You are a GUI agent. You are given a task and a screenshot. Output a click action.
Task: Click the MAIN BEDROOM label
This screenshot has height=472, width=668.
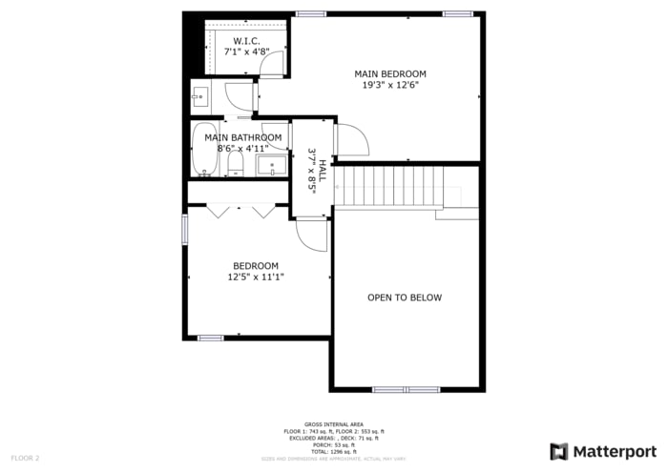coord(390,73)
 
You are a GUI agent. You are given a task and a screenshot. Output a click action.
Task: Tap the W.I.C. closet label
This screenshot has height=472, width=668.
coord(245,41)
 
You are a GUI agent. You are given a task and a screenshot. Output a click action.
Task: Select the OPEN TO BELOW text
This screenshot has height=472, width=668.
coord(405,298)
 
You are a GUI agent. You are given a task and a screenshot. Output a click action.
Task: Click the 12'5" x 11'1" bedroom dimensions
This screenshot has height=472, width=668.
coord(256,277)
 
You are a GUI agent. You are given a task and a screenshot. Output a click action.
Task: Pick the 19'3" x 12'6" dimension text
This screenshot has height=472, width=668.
coord(390,85)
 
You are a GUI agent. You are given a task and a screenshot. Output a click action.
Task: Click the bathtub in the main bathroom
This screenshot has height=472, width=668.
coord(205,150)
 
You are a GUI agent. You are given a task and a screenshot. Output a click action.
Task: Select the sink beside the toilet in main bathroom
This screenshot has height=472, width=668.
coord(272,167)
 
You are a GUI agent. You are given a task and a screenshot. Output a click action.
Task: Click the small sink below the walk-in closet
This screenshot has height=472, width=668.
coord(199,95)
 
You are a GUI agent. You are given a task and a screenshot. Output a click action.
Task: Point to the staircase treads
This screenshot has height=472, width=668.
coord(391,186)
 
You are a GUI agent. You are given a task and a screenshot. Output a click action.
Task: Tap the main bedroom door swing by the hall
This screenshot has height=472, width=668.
coord(349,139)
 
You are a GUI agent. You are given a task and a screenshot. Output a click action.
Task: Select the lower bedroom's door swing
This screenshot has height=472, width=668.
coord(312,235)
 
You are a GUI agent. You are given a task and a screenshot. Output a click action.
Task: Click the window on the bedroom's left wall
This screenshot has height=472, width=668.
coord(185,230)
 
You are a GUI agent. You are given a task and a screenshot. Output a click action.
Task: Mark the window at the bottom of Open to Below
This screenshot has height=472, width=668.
coord(405,389)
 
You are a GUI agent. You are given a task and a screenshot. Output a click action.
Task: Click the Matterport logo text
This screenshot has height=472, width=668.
coord(615,451)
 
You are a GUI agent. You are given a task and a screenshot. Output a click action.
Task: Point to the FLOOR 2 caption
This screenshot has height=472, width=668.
coord(25,459)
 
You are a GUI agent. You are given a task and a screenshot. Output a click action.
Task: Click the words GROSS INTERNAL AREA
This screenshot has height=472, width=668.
coord(333,424)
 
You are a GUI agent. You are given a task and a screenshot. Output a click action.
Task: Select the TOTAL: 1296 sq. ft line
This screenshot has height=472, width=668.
coord(333,451)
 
